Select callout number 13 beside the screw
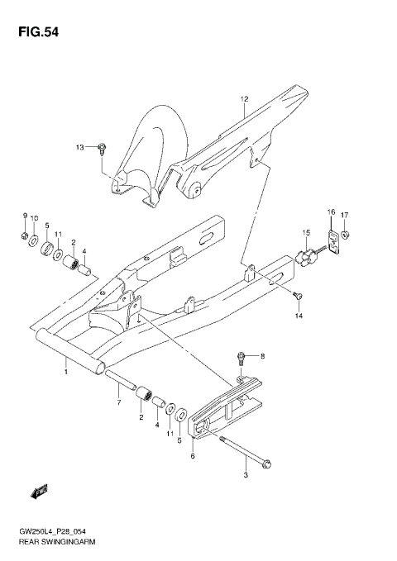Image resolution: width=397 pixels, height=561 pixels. pos(80,148)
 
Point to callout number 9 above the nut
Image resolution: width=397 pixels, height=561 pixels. pos(25,216)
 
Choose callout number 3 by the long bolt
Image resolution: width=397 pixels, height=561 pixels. pos(246,475)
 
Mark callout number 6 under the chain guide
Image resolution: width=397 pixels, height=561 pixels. pos(193,455)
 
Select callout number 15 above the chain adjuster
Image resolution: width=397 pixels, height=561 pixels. pos(305,232)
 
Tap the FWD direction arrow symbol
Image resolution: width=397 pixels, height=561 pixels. pos(39,493)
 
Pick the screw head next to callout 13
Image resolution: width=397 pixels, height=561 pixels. pos(101,148)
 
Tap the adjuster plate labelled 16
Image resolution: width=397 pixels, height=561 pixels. pos(333,242)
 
